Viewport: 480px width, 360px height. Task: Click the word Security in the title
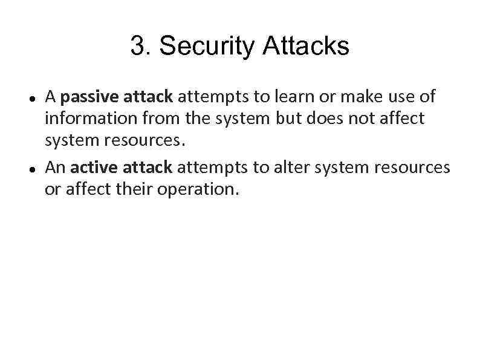[206, 47]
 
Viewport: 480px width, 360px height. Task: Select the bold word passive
[86, 97]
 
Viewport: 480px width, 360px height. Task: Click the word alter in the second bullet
[291, 167]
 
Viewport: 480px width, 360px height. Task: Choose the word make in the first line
[349, 96]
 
